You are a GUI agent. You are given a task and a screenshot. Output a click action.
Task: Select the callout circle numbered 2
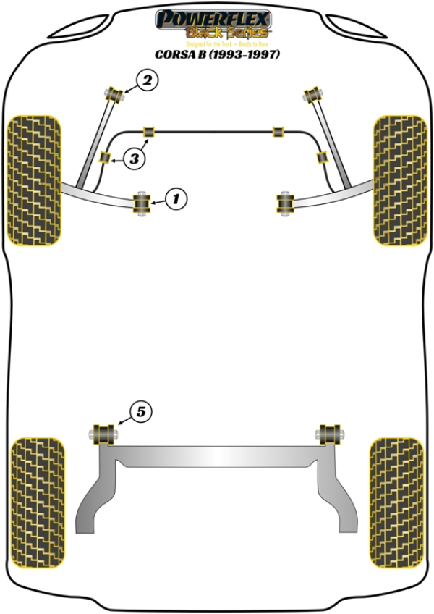(147, 81)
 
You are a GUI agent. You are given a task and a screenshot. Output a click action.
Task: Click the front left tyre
(33, 180)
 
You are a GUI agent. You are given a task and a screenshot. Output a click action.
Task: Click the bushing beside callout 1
(142, 203)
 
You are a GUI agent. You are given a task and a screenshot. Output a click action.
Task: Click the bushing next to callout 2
(114, 93)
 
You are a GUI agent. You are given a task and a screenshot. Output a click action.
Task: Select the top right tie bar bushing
(314, 93)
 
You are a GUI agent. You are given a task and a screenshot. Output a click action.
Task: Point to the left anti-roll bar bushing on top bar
(150, 131)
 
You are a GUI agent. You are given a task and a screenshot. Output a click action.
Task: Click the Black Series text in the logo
(227, 33)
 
